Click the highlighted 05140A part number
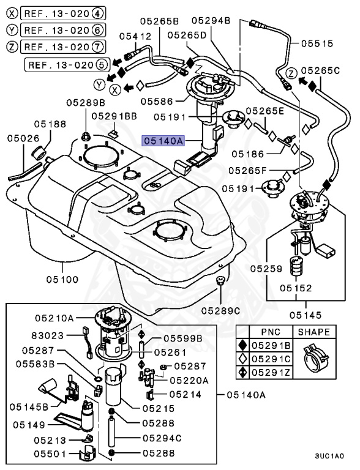click(x=163, y=140)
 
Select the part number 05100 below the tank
click(x=61, y=280)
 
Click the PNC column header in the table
click(x=271, y=332)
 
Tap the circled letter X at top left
click(x=11, y=12)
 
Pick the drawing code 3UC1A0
click(x=329, y=456)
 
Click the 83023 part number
click(x=47, y=335)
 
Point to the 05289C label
click(x=221, y=310)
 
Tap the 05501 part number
click(x=48, y=454)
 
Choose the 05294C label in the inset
click(x=162, y=438)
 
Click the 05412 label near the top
click(x=135, y=36)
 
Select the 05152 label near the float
click(x=296, y=287)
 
